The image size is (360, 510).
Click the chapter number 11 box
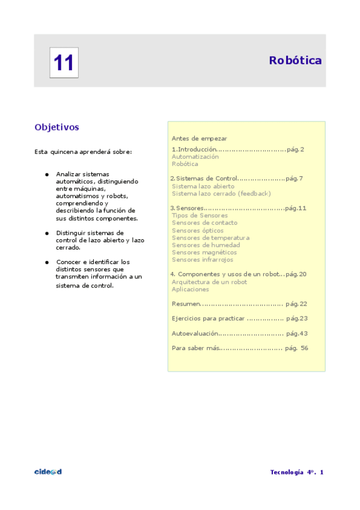click(x=64, y=63)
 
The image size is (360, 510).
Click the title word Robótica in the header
click(x=295, y=60)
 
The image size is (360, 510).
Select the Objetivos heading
click(x=57, y=127)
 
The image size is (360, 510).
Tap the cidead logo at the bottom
click(x=48, y=472)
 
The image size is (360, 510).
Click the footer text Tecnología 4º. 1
click(x=297, y=472)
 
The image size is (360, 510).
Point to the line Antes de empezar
click(x=199, y=138)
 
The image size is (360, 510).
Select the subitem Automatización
click(x=195, y=156)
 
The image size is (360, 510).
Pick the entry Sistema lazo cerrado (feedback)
click(x=221, y=194)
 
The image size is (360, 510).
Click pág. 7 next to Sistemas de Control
click(x=294, y=179)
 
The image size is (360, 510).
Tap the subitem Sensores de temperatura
click(x=210, y=238)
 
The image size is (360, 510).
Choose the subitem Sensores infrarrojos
click(x=203, y=260)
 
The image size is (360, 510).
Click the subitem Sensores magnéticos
click(x=204, y=253)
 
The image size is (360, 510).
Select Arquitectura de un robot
click(x=209, y=282)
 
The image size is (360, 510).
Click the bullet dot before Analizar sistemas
click(x=46, y=174)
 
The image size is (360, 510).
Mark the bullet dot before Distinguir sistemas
click(x=46, y=233)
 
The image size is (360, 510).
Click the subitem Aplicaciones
click(x=191, y=289)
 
